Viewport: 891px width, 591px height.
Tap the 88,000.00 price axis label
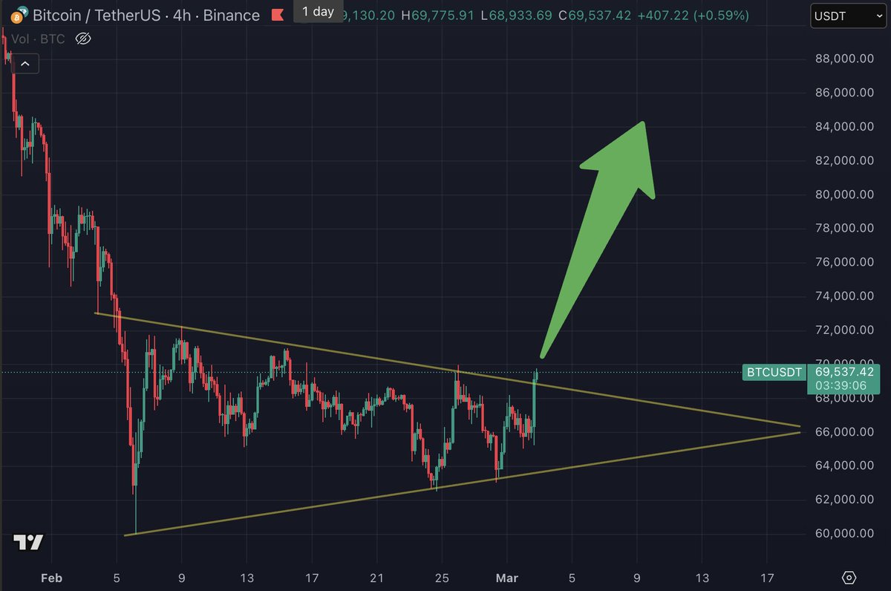[844, 59]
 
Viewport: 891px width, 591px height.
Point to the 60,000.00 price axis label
[844, 533]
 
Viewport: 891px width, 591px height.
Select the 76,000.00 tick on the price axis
[844, 262]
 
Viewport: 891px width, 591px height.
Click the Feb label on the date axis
[50, 577]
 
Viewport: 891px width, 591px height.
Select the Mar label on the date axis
[506, 577]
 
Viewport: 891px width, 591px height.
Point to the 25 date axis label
[441, 577]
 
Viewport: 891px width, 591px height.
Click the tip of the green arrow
[643, 123]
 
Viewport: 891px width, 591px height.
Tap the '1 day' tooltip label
[318, 11]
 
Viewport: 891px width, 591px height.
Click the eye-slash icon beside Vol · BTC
[83, 38]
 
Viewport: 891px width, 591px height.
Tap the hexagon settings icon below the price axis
[850, 577]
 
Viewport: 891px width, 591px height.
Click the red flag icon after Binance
[278, 15]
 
